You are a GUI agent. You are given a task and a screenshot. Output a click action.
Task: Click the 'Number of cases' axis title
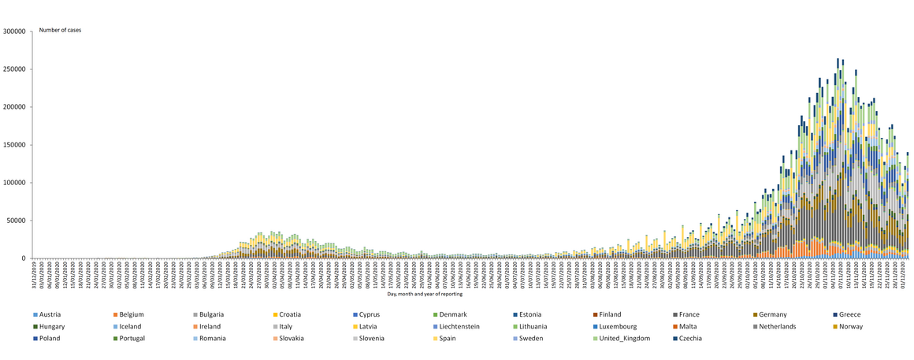click(x=60, y=30)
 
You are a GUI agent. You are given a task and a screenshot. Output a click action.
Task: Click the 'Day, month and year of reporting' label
click(x=425, y=294)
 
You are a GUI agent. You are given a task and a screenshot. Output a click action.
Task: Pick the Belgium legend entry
click(x=131, y=314)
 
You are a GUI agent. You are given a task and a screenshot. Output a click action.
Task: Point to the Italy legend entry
click(x=285, y=326)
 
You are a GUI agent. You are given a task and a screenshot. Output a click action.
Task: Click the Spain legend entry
click(x=366, y=338)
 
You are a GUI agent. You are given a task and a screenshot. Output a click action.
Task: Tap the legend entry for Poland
click(x=49, y=338)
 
